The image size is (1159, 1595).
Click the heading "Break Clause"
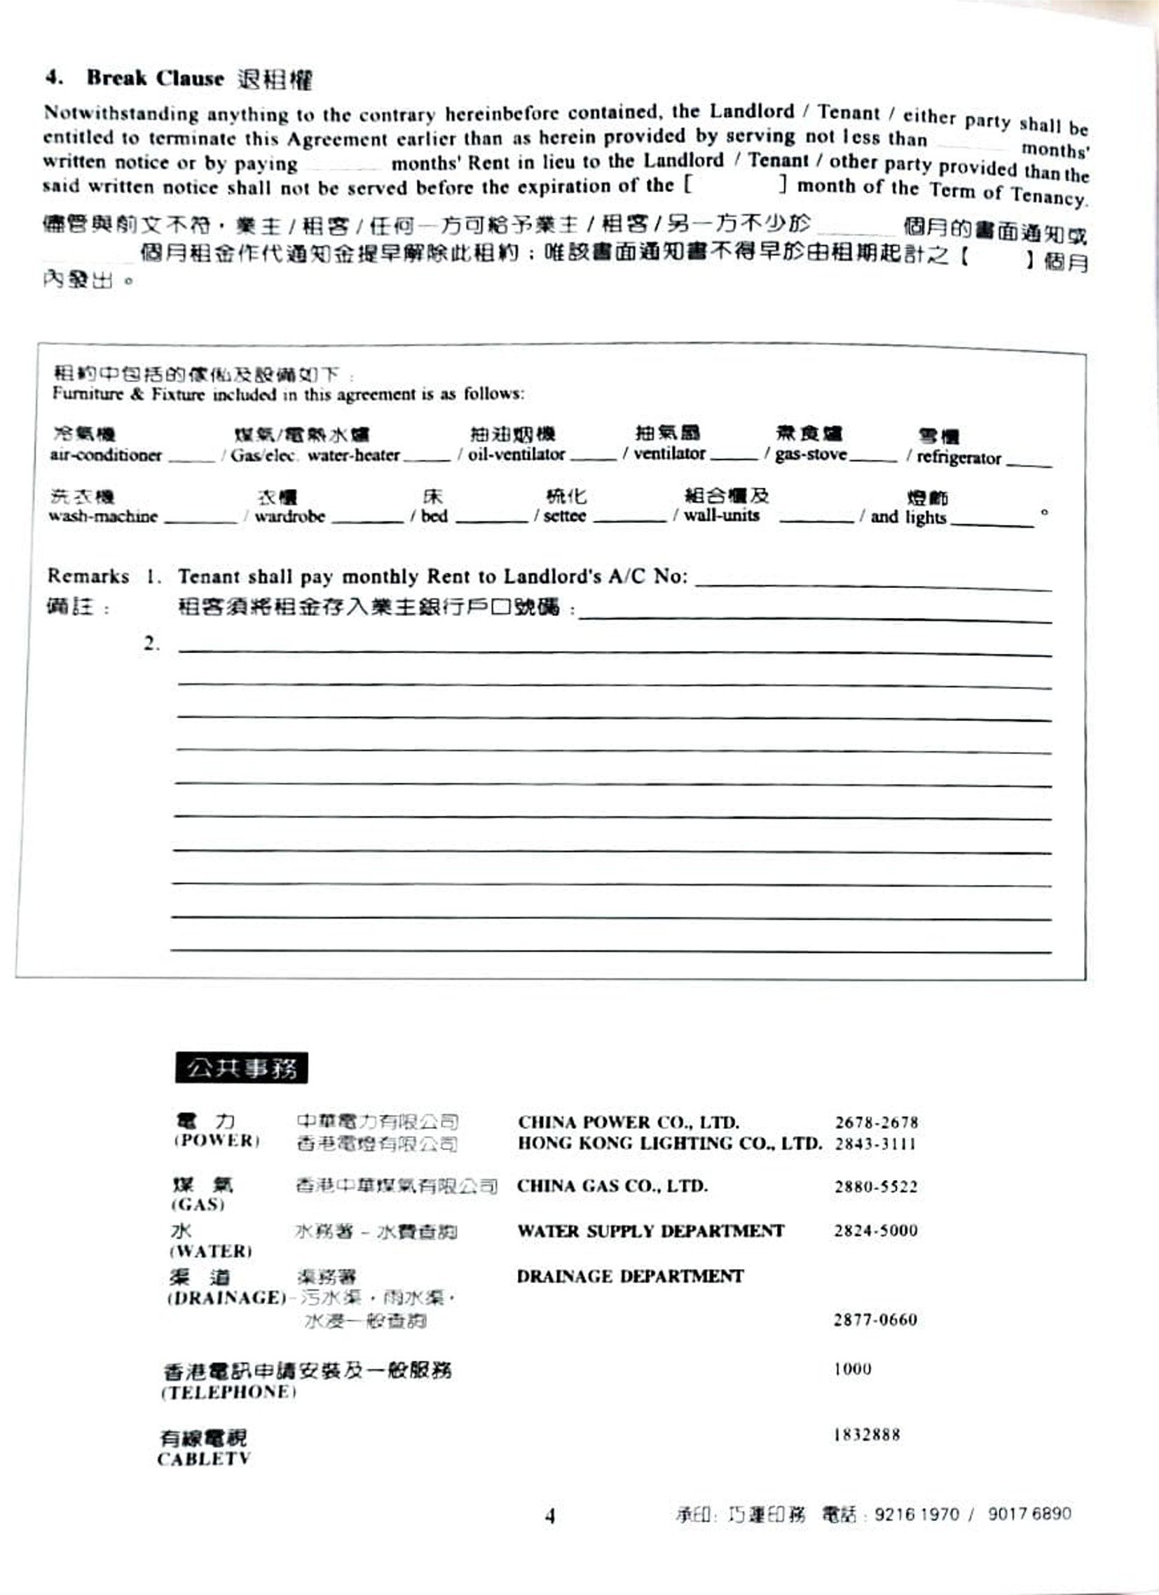pyautogui.click(x=155, y=77)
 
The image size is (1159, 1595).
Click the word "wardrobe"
pyautogui.click(x=290, y=516)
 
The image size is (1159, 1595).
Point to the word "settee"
pyautogui.click(x=564, y=516)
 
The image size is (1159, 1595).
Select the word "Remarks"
pyautogui.click(x=88, y=576)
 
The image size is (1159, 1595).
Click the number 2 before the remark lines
pyautogui.click(x=151, y=643)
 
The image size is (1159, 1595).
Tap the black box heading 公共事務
pyautogui.click(x=241, y=1067)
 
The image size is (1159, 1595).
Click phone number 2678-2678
pyautogui.click(x=877, y=1123)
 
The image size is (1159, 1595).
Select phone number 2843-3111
pyautogui.click(x=875, y=1144)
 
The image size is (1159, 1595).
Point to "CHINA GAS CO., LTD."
pyautogui.click(x=612, y=1186)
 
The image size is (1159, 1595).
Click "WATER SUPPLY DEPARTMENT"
pyautogui.click(x=650, y=1231)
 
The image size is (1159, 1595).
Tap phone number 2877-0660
pyautogui.click(x=875, y=1320)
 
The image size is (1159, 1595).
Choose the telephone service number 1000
pyautogui.click(x=852, y=1369)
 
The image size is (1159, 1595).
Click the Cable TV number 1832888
pyautogui.click(x=866, y=1435)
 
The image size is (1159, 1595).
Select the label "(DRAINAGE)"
pyautogui.click(x=226, y=1298)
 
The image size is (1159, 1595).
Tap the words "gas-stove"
pyautogui.click(x=810, y=455)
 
